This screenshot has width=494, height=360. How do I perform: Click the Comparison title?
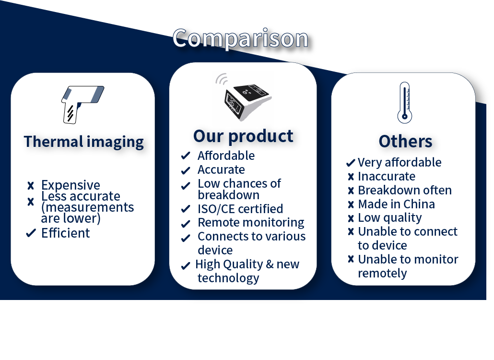click(240, 38)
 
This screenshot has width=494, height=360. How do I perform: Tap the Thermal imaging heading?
click(84, 142)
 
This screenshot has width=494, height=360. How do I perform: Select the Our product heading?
click(243, 136)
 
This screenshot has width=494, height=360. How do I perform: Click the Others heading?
click(405, 141)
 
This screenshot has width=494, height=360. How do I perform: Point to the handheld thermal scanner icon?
click(82, 104)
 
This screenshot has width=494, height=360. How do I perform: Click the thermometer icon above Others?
click(405, 102)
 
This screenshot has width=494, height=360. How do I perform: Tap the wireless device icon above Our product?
click(243, 97)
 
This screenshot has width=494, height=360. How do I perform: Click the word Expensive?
click(71, 185)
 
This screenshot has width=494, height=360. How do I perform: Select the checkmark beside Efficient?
click(31, 233)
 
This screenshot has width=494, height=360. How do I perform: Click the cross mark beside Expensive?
click(31, 186)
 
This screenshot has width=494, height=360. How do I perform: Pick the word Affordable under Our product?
click(226, 156)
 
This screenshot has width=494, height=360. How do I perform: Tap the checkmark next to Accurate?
click(186, 170)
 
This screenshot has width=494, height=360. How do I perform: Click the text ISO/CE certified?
click(240, 209)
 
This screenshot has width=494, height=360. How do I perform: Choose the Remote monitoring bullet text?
click(251, 223)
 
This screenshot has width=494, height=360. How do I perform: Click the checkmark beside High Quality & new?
click(186, 266)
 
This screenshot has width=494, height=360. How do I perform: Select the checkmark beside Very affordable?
click(351, 163)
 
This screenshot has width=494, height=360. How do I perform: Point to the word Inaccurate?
click(387, 177)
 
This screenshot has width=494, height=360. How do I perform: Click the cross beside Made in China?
click(351, 204)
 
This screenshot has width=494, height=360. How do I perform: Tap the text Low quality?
click(390, 218)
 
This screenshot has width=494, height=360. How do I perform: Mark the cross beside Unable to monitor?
click(351, 259)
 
